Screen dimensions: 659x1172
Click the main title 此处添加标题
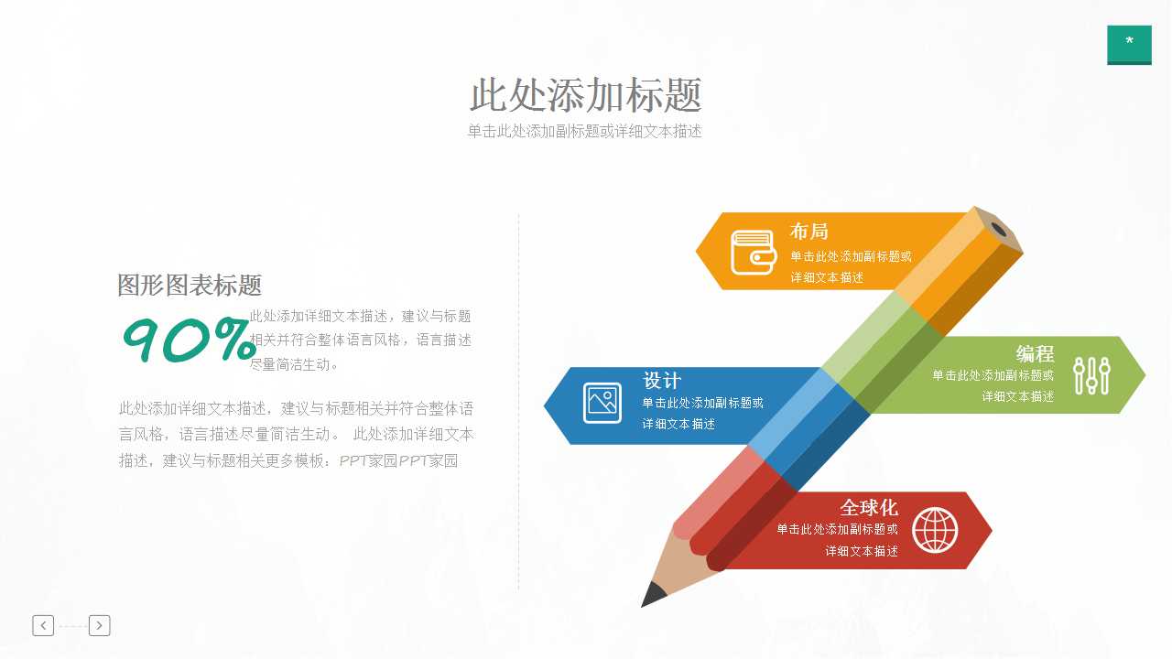586,95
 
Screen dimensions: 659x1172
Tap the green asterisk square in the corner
1129,44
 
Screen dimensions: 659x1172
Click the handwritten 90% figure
189,340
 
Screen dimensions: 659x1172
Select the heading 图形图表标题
190,285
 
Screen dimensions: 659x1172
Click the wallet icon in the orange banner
754,252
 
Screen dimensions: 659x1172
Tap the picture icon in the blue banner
602,403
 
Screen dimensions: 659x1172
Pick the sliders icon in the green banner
1091,375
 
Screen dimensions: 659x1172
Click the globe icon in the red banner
935,530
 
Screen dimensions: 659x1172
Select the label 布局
809,232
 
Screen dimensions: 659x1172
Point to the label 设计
662,381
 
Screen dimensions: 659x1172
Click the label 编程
1035,354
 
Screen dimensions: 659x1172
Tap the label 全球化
869,507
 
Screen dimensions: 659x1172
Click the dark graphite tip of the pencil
654,595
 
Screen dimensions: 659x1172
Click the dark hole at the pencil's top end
998,229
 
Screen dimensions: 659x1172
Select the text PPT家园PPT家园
398,460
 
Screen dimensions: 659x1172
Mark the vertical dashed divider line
518,403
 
